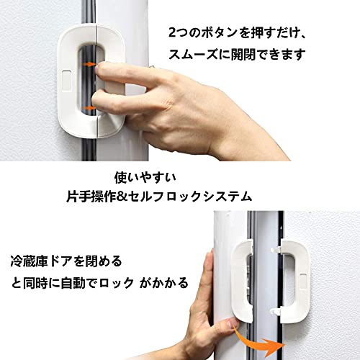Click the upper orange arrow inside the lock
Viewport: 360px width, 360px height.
(89, 64)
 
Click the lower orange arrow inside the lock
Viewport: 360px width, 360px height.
(89, 108)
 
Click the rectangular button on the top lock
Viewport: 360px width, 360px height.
(66, 81)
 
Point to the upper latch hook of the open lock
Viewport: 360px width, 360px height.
(276, 250)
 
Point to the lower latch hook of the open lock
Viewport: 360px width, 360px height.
(276, 311)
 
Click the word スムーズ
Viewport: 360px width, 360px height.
(193, 55)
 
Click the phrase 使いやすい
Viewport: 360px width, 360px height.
(145, 178)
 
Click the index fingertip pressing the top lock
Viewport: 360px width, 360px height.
(99, 68)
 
